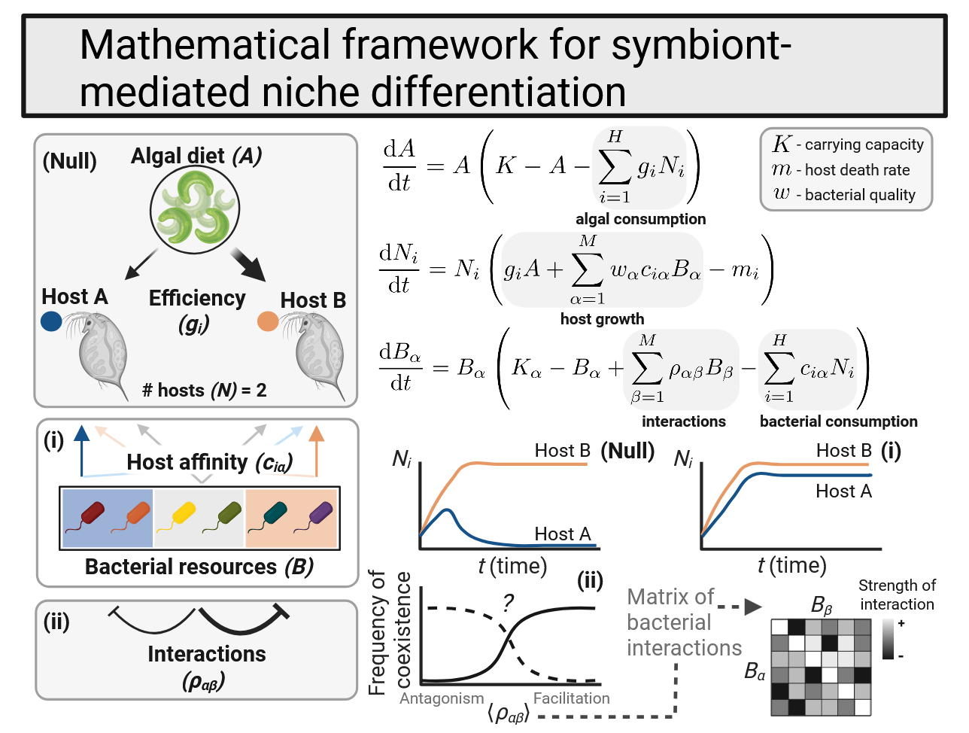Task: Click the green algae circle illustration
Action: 195,208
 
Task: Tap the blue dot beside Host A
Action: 51,321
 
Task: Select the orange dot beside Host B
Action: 268,321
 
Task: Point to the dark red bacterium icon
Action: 91,516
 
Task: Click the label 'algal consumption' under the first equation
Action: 640,219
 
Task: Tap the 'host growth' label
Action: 602,319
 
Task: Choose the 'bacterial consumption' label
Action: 838,421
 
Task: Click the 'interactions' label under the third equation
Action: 683,421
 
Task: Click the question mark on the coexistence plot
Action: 508,602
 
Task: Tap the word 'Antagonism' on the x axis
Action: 442,698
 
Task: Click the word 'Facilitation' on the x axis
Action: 571,698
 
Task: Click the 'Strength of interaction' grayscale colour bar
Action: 889,639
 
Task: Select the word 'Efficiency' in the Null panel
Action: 197,299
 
